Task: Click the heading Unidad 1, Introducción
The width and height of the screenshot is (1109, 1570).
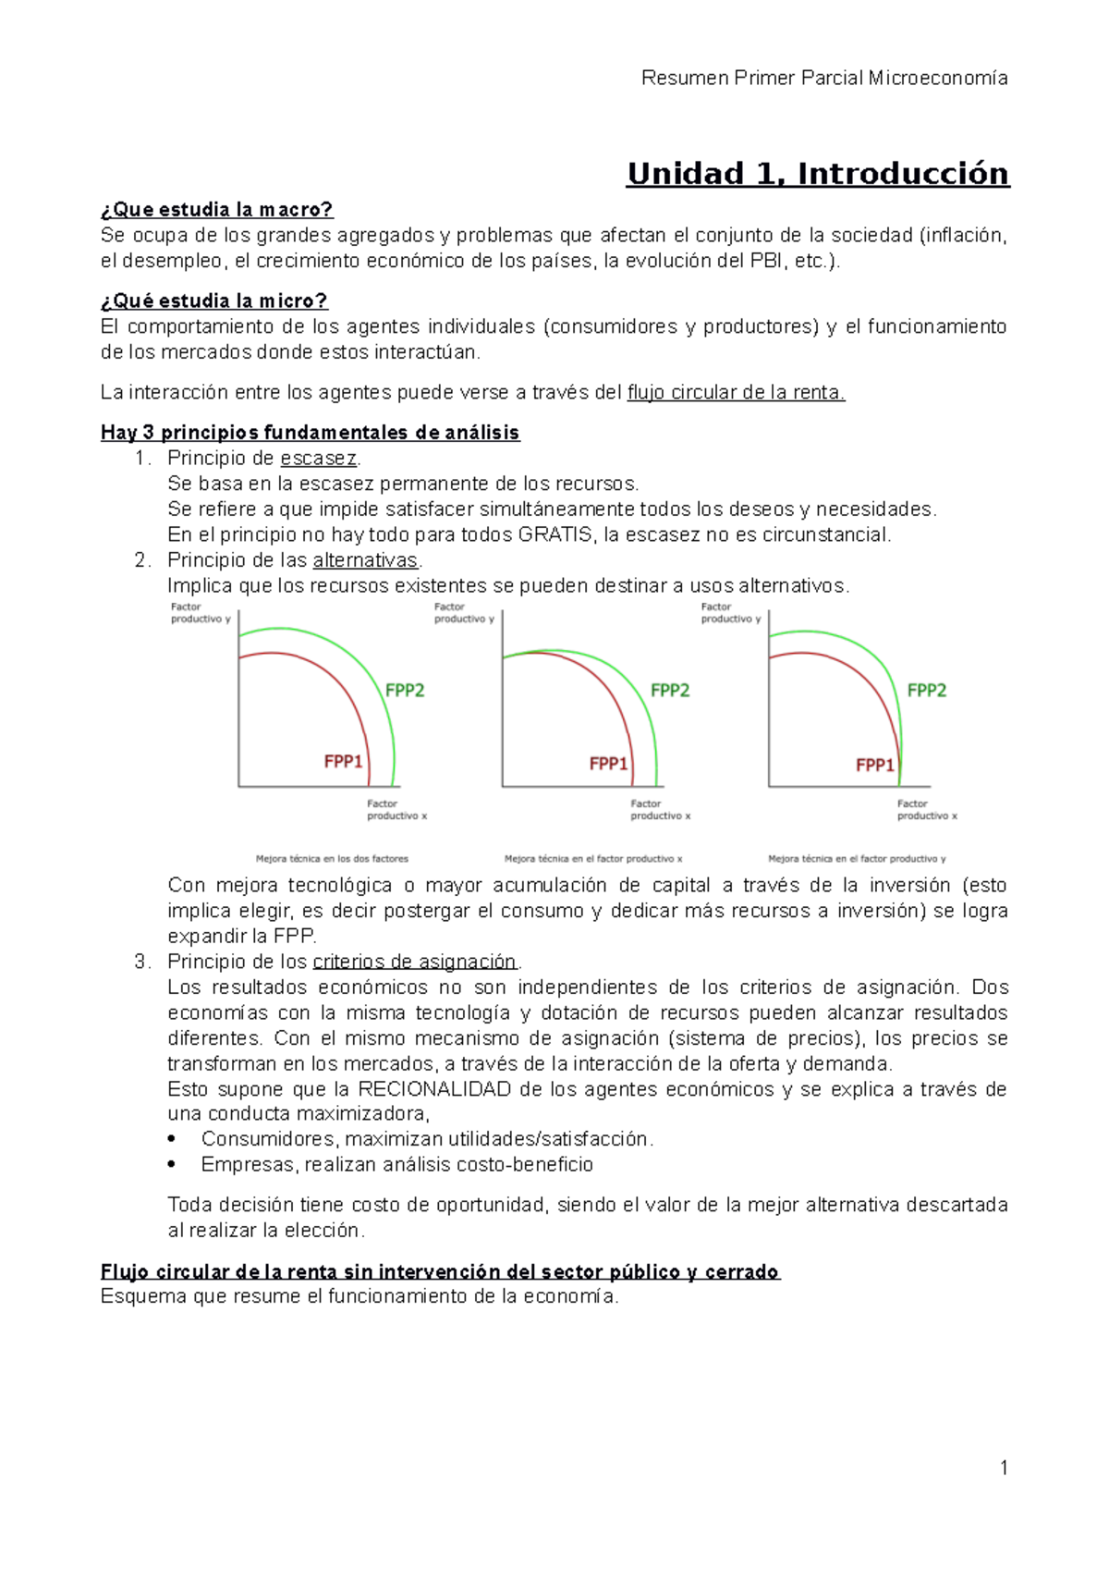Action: click(818, 174)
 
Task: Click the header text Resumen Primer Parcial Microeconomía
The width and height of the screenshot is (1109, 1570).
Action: click(823, 78)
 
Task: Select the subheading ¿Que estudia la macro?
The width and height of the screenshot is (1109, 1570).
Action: click(216, 210)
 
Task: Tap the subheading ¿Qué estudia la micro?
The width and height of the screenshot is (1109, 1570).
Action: click(213, 301)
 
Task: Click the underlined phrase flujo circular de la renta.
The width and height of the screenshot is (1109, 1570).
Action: click(736, 393)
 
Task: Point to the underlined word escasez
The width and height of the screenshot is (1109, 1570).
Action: click(318, 459)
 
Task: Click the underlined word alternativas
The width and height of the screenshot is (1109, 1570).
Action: click(365, 560)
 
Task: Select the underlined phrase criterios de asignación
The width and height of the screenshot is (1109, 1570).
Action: click(415, 962)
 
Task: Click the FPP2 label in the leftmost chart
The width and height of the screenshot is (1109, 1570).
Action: click(405, 691)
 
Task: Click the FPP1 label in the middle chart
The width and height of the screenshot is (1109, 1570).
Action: click(608, 764)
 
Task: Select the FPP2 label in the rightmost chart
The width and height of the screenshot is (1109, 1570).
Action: click(926, 691)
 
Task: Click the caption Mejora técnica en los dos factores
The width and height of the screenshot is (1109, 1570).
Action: click(332, 859)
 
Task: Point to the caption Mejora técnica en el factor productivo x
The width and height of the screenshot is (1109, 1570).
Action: click(592, 859)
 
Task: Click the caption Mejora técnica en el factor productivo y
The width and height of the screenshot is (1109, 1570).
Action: click(857, 859)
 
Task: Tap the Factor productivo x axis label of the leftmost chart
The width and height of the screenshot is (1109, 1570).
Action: click(396, 810)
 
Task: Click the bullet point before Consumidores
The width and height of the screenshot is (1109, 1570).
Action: click(172, 1140)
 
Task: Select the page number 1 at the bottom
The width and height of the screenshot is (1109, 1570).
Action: click(1004, 1468)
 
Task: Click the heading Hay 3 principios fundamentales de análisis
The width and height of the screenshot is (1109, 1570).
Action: click(310, 433)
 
